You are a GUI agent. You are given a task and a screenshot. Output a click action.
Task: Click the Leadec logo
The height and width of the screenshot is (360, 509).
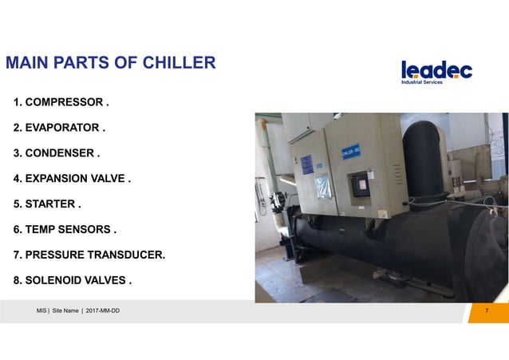coord(436,69)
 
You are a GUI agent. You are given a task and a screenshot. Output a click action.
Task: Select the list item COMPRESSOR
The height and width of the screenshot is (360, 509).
coord(65,103)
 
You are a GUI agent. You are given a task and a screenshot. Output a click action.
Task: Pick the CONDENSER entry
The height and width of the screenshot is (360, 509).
coord(60,153)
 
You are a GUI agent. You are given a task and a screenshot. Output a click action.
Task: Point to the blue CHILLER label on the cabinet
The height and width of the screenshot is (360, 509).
coord(352,151)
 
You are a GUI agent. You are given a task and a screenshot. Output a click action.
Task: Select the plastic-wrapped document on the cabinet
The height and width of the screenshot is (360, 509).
coord(322,188)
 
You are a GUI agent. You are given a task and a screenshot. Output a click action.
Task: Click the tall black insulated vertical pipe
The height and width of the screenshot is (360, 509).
coord(423,160)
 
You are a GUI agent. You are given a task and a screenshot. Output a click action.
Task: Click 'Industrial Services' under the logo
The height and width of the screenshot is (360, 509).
coord(422,83)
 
